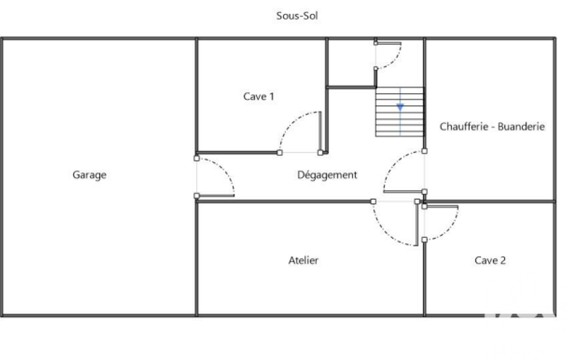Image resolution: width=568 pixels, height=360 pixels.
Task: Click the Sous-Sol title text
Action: (297, 16)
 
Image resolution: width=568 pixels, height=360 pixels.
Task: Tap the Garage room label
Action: (89, 175)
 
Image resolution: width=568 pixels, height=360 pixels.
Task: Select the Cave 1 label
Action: (259, 96)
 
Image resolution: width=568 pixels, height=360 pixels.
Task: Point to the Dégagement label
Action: (327, 175)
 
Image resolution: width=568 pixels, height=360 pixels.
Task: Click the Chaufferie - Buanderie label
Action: (492, 126)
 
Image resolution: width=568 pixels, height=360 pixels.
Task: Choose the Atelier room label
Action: (304, 260)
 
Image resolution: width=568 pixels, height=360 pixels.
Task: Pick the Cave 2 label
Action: (490, 260)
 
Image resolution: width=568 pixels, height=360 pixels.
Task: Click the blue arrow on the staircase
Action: (400, 107)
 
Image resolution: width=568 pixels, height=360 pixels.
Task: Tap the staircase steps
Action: (400, 119)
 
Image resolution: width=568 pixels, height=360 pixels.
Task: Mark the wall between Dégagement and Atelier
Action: (283, 202)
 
